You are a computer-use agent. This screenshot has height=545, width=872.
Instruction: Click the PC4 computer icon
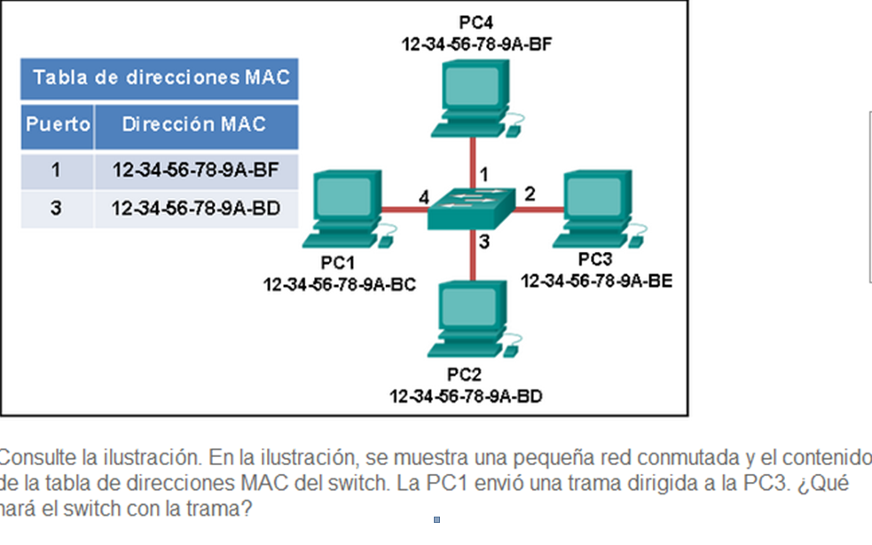471,98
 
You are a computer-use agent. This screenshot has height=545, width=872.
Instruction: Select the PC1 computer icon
344,209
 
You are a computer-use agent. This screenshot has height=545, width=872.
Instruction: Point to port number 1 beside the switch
483,171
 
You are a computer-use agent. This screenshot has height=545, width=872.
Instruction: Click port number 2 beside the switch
530,194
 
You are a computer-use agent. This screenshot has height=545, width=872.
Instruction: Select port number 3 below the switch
484,241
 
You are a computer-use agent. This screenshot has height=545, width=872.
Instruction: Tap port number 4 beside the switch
423,195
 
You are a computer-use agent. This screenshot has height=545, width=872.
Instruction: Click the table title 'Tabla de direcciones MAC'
161,78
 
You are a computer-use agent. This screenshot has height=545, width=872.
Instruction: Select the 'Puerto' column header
58,124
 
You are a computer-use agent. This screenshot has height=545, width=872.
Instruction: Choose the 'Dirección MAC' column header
194,124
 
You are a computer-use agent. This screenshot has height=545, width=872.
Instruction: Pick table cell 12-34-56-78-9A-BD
195,209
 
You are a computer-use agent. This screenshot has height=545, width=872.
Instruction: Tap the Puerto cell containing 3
57,209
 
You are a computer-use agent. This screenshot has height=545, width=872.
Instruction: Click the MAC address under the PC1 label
340,284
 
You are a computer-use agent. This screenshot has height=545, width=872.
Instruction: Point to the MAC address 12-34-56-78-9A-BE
596,281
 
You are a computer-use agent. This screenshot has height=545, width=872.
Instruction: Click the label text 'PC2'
465,374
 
